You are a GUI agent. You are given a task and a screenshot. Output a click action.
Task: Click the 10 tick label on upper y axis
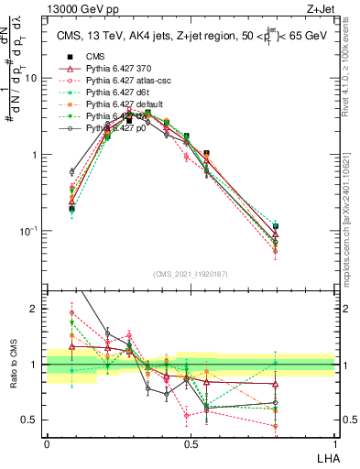32,78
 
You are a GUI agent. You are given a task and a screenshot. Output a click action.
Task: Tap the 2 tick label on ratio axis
37,310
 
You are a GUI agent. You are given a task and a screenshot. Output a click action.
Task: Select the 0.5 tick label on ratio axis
32,420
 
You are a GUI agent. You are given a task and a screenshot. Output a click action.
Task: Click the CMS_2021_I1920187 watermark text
191,274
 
